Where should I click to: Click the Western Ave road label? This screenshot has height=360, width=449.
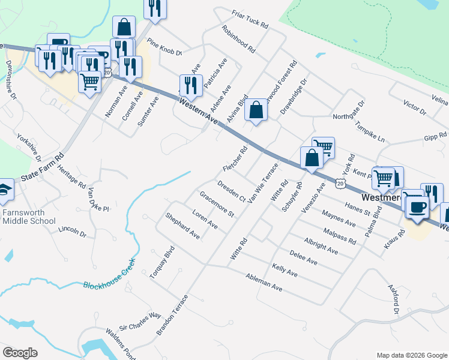[x=198, y=111]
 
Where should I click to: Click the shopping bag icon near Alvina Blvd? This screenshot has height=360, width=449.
[x=256, y=110]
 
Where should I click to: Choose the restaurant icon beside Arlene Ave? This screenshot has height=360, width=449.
[x=191, y=85]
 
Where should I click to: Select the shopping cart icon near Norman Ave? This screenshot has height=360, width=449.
[x=90, y=82]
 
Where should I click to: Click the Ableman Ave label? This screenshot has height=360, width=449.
[x=264, y=280]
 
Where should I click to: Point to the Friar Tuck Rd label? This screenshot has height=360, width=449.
[x=249, y=18]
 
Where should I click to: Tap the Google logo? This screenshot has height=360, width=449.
[x=20, y=353]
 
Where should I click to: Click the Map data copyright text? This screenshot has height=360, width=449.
[x=411, y=355]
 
